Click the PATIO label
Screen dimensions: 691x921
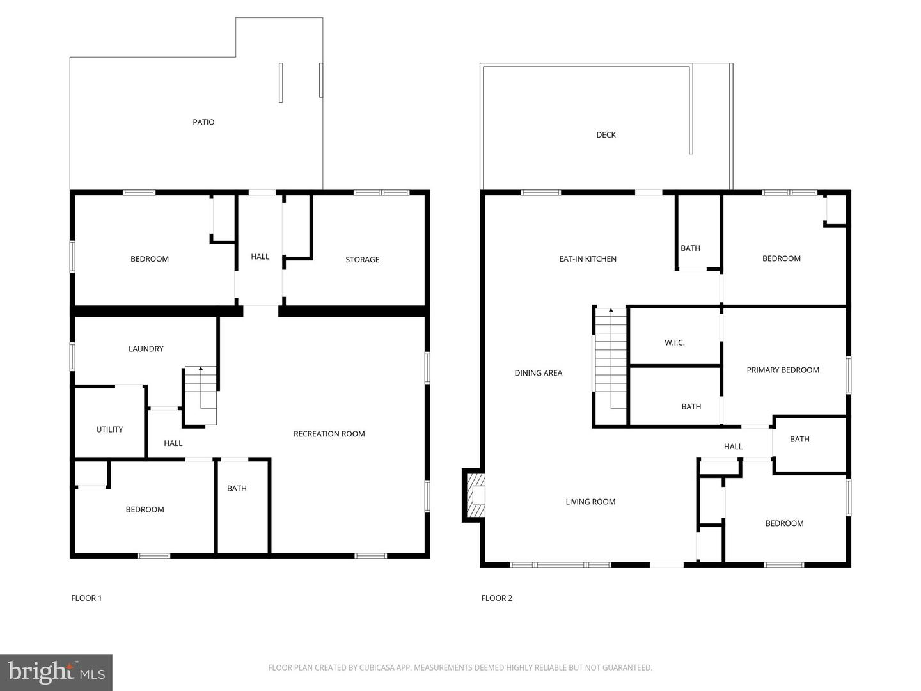(x=203, y=122)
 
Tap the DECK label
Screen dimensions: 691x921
(x=606, y=135)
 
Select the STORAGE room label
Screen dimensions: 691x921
(x=362, y=260)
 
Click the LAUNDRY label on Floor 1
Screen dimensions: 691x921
(x=146, y=349)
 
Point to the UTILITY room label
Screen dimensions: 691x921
(x=109, y=429)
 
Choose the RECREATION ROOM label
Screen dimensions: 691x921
(x=329, y=434)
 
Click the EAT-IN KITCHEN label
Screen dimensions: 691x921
(x=587, y=259)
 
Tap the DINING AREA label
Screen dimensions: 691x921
(x=538, y=373)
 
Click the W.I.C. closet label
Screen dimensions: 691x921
(x=674, y=343)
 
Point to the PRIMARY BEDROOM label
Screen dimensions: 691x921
(x=782, y=370)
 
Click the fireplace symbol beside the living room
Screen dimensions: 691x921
(x=474, y=495)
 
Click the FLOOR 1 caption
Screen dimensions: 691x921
(x=86, y=598)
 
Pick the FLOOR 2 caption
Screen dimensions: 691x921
(x=496, y=598)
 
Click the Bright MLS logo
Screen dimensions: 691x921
(x=56, y=672)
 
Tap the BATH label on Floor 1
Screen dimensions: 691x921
(x=237, y=489)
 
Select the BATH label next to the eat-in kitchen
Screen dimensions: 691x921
(x=690, y=248)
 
